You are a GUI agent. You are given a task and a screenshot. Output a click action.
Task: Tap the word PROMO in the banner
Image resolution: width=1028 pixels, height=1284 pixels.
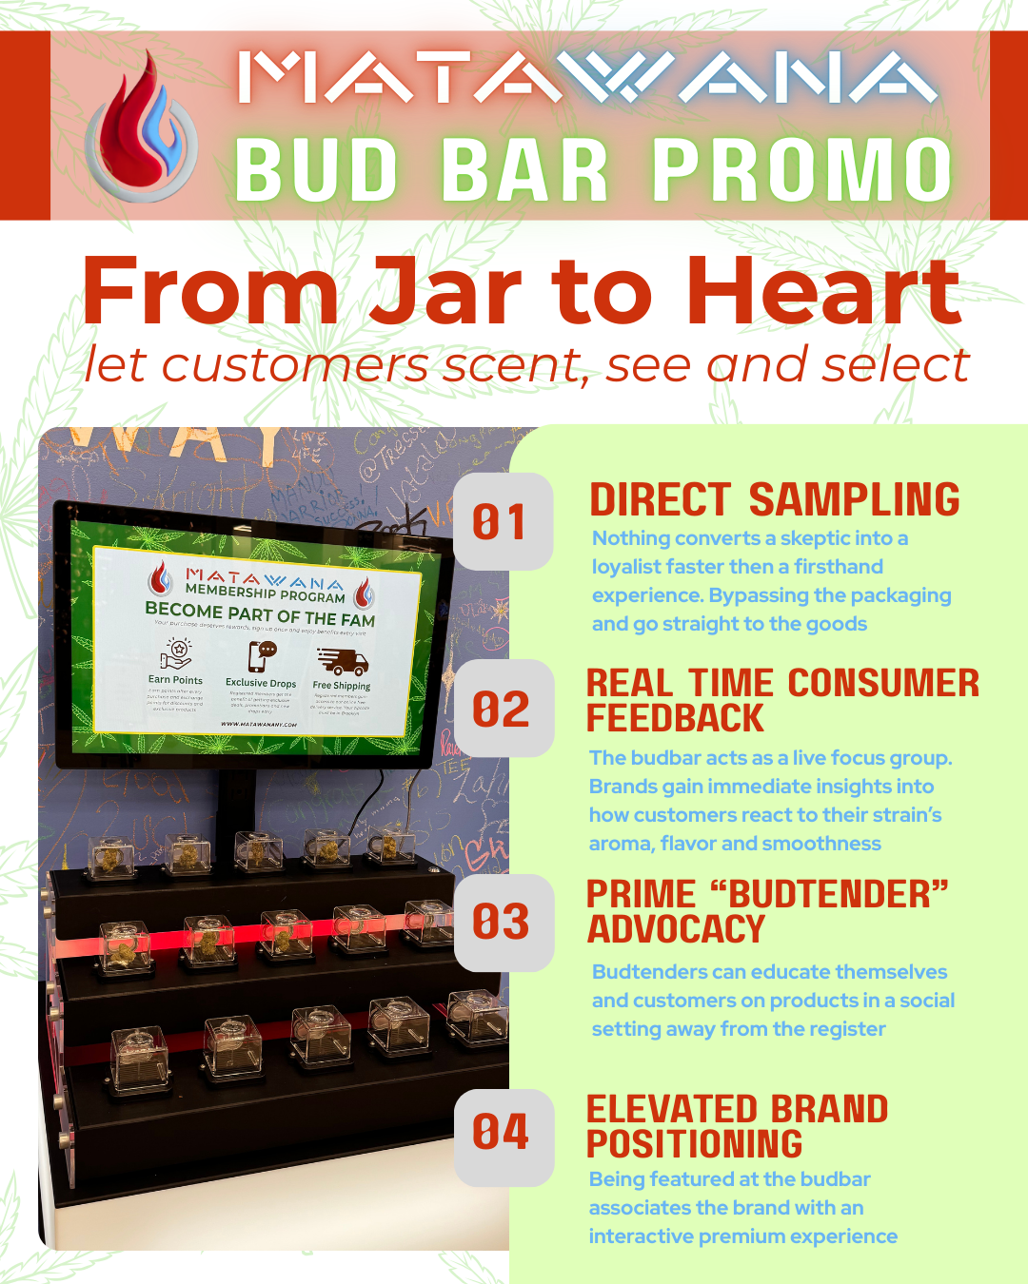[801, 171]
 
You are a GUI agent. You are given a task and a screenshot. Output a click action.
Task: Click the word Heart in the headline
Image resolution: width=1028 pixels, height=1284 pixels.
[823, 292]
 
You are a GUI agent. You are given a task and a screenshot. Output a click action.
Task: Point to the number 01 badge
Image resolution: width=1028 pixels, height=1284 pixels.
[502, 522]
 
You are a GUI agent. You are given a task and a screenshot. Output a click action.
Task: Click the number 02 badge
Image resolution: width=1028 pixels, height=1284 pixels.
[502, 710]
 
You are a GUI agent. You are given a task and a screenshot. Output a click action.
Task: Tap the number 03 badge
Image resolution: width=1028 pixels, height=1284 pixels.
[502, 922]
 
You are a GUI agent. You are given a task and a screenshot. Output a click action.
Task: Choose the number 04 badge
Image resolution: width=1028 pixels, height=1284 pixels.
[502, 1133]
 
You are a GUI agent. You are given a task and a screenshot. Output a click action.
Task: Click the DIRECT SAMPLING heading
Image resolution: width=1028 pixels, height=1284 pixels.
[775, 500]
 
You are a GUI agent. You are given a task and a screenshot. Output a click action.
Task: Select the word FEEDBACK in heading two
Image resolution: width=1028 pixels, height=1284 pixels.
[675, 719]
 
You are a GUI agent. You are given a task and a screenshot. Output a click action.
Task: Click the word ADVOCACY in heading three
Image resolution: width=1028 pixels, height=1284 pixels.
[676, 929]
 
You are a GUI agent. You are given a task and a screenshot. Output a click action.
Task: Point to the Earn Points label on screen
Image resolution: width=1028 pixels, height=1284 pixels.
[175, 680]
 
